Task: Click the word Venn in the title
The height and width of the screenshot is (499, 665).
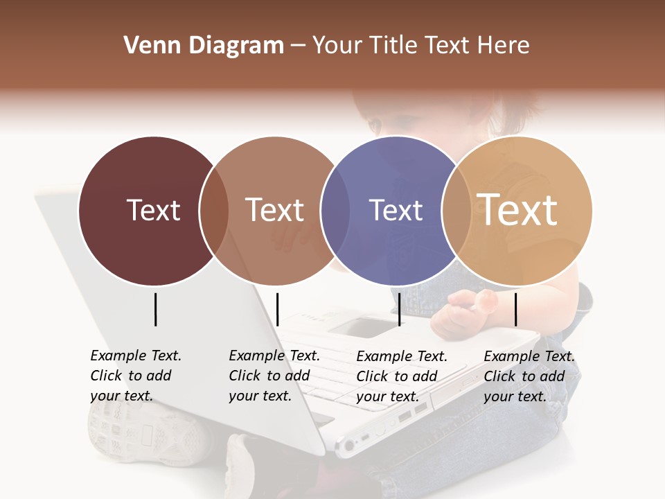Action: tap(148, 46)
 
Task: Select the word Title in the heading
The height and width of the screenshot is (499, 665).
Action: tap(394, 46)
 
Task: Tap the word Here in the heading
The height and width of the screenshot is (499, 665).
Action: tap(504, 46)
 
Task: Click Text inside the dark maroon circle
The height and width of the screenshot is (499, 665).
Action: tap(153, 210)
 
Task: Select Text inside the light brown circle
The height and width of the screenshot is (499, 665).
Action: tap(274, 210)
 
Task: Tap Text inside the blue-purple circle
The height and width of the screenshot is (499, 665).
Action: tap(396, 210)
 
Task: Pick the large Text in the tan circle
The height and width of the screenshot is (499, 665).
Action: tap(517, 209)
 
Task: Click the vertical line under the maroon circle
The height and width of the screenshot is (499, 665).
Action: tap(156, 309)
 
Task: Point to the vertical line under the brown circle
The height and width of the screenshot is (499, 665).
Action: tap(277, 309)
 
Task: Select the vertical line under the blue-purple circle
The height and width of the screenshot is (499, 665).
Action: tap(400, 309)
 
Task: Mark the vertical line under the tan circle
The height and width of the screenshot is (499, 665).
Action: tap(515, 309)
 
